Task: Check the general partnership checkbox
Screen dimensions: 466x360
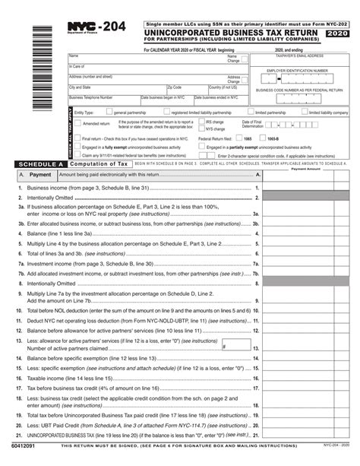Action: tap(110, 112)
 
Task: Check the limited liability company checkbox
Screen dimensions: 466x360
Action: tap(306, 112)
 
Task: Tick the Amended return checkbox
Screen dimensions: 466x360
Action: tap(78, 122)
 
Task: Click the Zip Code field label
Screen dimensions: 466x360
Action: tap(175, 87)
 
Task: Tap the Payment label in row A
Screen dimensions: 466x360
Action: tap(40, 174)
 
